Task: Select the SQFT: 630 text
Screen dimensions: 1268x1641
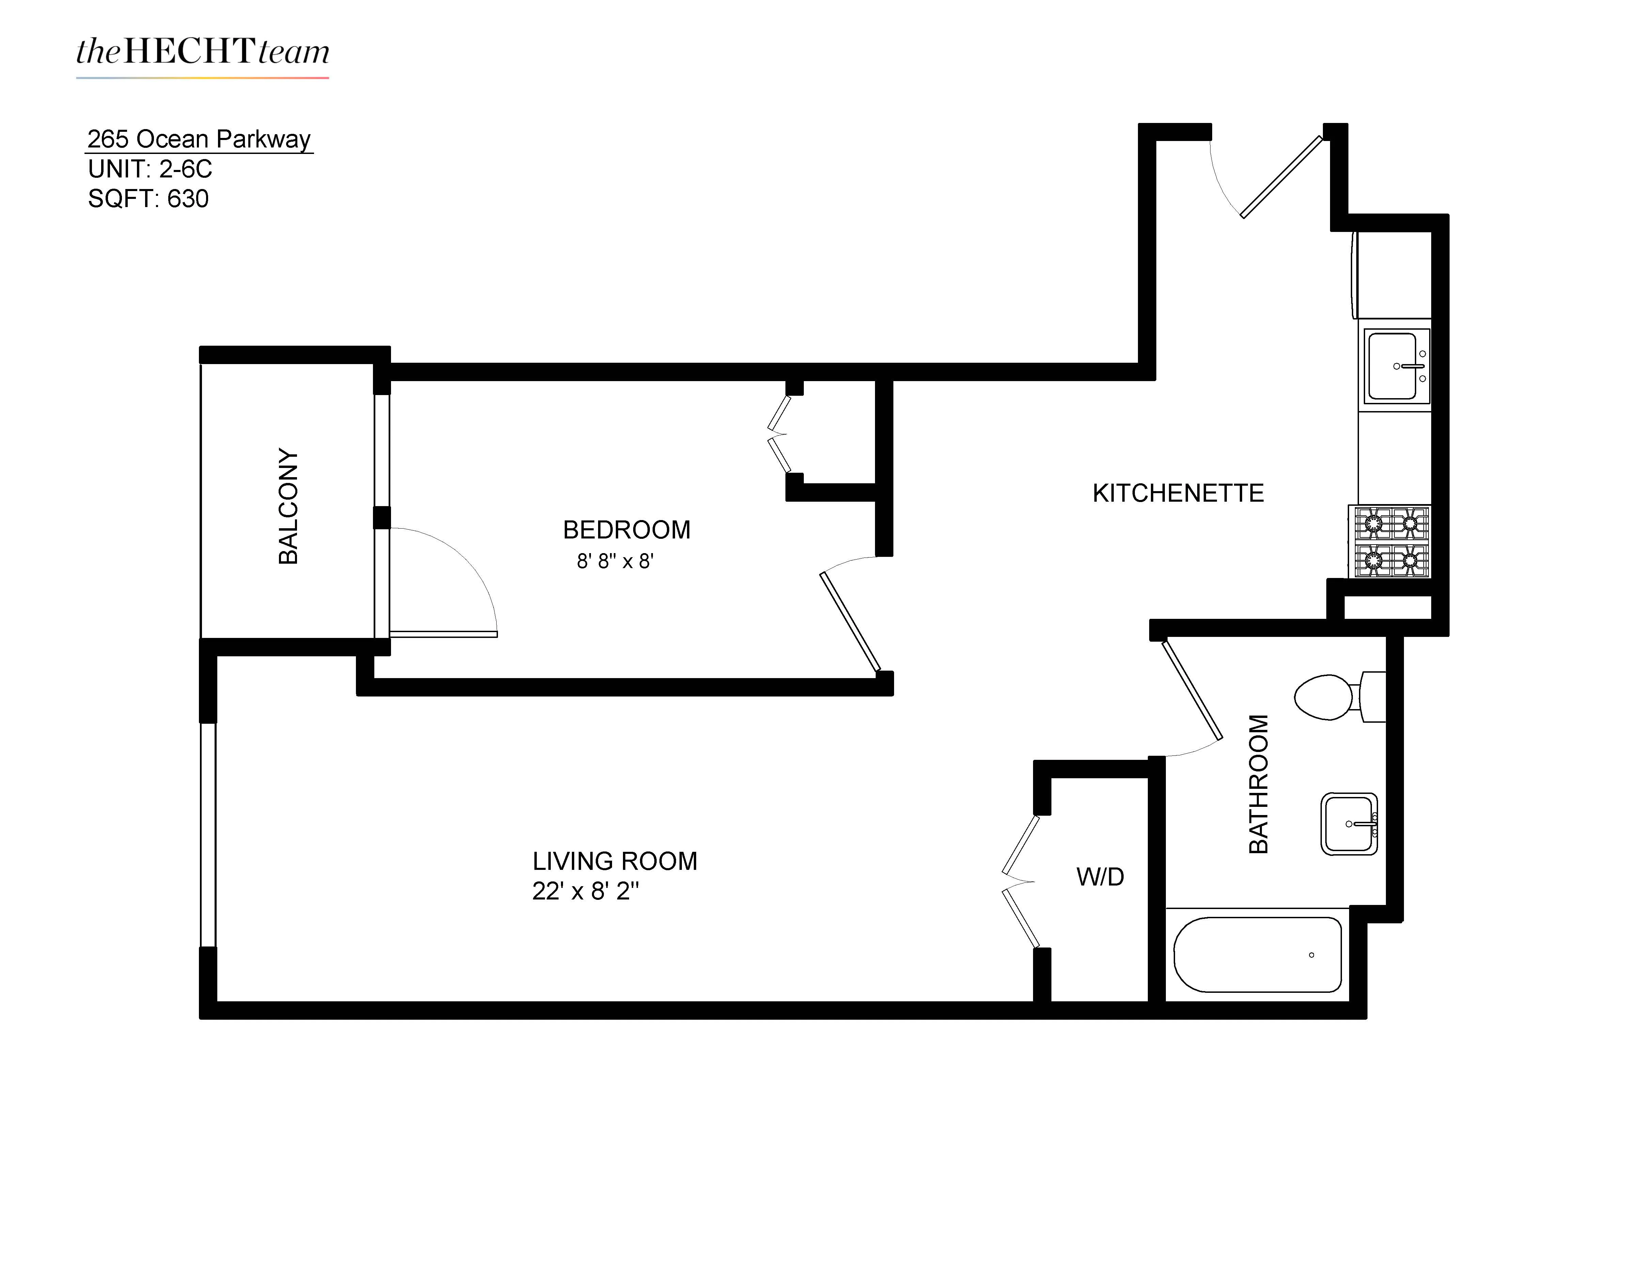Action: pos(148,199)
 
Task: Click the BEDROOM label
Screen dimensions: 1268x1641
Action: pos(626,530)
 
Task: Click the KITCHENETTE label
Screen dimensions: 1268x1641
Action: pos(1177,494)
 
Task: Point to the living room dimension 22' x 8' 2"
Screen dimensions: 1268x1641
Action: pos(585,892)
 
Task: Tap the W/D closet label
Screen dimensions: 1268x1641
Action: pos(1100,877)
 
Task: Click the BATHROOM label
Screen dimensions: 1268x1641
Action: pos(1258,783)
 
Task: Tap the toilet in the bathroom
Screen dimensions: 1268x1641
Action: pos(1338,697)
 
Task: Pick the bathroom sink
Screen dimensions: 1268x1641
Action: pos(1349,824)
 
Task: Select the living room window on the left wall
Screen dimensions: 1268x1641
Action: pos(208,834)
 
